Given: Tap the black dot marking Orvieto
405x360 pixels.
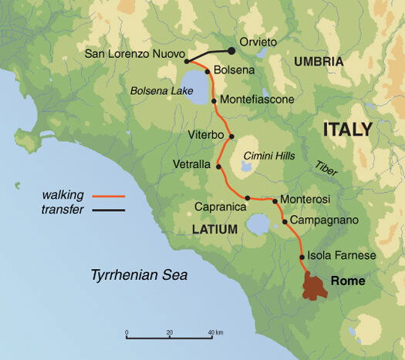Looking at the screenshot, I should click(231, 51).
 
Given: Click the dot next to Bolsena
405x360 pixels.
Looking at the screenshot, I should click(207, 70).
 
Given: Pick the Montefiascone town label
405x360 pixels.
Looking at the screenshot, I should click(258, 99).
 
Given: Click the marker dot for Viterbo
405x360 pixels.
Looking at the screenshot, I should click(231, 136).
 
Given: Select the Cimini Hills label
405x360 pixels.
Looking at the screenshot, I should click(270, 155).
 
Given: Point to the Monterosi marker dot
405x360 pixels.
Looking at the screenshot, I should click(275, 200).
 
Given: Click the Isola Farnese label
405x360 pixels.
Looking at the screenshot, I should click(342, 256).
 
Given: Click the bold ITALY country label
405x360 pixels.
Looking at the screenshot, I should click(347, 129).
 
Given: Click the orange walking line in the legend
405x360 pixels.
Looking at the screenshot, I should click(108, 196).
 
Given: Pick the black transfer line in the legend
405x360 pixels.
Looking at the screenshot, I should click(108, 209).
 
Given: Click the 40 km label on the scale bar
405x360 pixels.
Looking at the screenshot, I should click(215, 333).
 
